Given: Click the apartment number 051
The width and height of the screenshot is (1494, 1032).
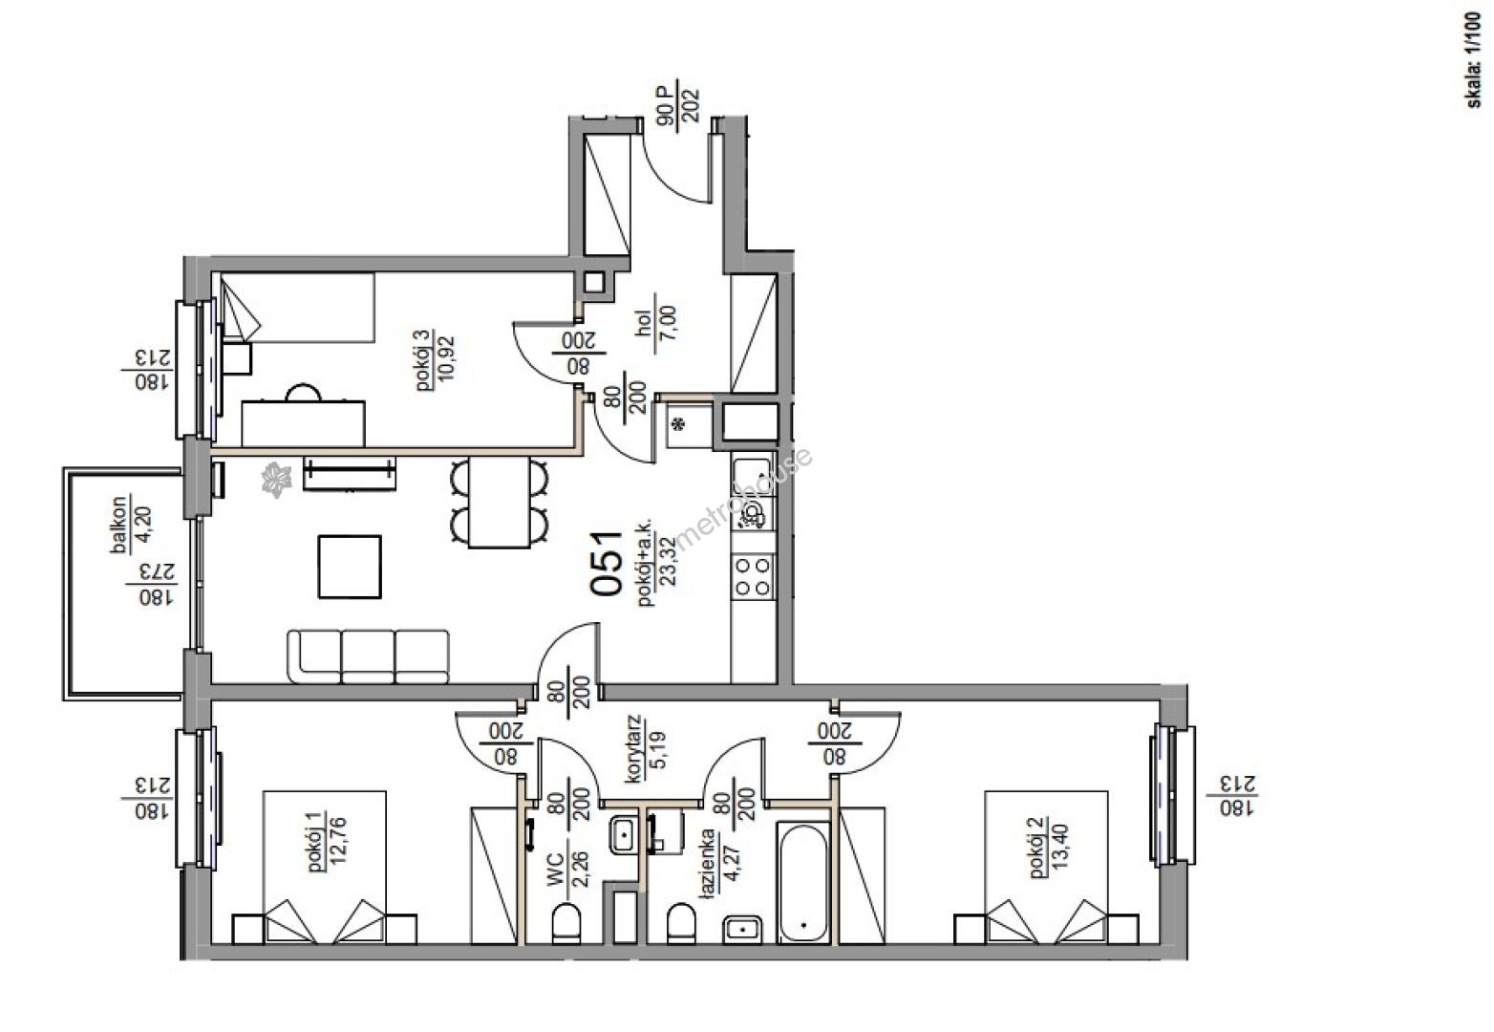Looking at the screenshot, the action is point(606,563).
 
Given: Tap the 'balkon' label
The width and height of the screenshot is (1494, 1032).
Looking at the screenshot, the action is point(120,525).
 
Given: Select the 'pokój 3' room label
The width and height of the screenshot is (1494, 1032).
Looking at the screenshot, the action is point(423,359).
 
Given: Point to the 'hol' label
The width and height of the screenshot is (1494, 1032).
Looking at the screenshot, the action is point(644,323).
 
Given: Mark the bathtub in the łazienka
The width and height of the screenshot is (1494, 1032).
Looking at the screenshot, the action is point(803,883).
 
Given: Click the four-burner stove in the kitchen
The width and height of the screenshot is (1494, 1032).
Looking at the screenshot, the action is point(753,576).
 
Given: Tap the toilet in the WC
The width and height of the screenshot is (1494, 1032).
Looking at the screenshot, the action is point(566,923).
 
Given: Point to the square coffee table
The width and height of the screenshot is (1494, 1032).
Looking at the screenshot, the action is point(350,567).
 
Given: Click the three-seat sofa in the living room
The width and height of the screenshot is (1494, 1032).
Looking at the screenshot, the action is point(368,656).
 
